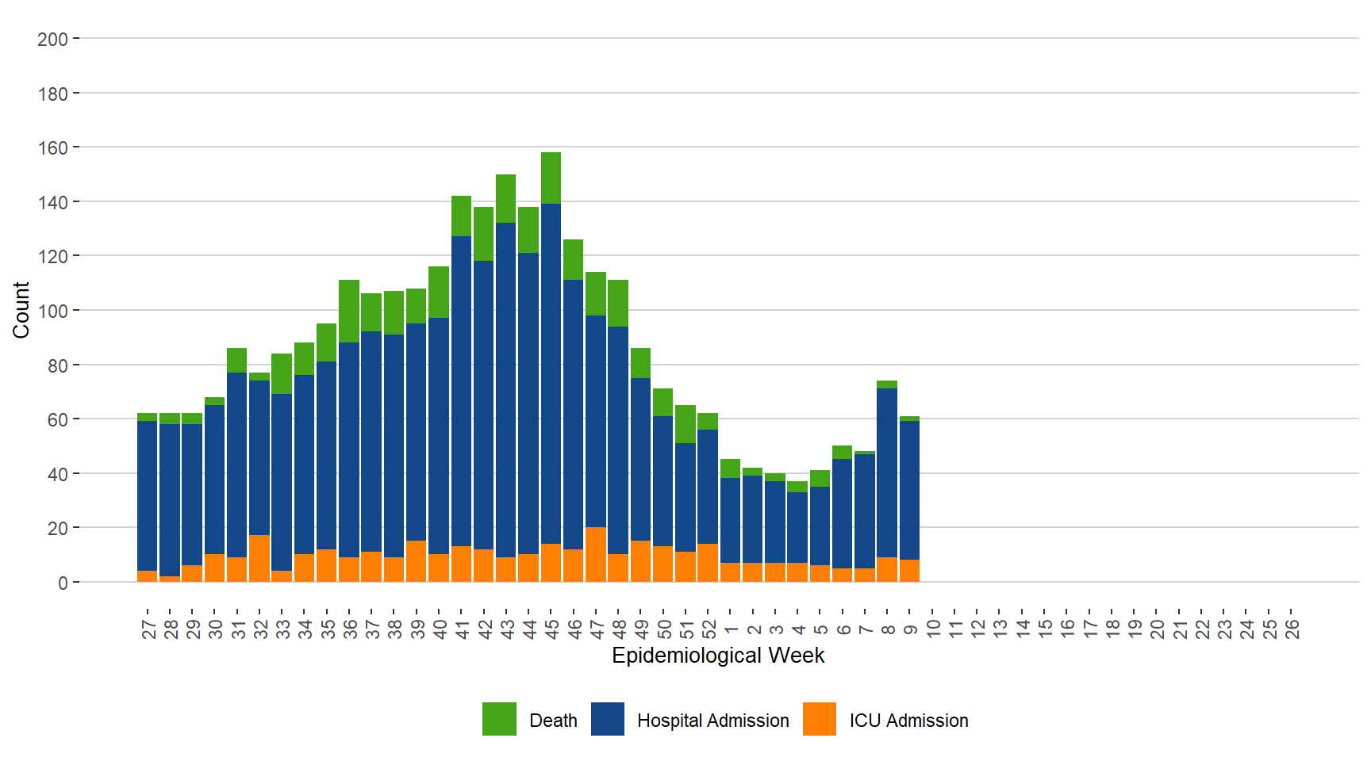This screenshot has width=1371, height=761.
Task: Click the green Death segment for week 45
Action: pos(551,178)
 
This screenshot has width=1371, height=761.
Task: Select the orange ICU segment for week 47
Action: pos(596,554)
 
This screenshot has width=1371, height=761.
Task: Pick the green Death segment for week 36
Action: pos(349,311)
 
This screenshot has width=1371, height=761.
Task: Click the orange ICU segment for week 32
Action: pos(259,558)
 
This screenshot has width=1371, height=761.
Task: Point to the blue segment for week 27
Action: pos(147,495)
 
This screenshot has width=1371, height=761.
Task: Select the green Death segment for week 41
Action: pos(461,216)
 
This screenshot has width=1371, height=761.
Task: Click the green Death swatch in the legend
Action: pos(499,719)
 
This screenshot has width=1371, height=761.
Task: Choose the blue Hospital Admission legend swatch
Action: pos(608,719)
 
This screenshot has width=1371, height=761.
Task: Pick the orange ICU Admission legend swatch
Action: pos(820,719)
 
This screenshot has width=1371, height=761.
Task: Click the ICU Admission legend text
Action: pos(908,721)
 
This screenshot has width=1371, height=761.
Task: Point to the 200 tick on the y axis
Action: pos(52,39)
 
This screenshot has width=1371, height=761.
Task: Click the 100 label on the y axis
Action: pos(52,311)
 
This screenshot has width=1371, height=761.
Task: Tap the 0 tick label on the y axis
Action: pos(63,583)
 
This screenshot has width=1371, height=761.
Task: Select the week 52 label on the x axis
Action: pos(709,629)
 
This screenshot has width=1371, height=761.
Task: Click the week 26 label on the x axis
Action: pos(1292,629)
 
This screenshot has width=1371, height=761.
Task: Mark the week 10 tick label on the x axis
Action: pos(933,629)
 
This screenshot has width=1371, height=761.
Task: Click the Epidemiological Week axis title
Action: pos(718,656)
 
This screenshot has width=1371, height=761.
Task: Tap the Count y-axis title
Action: pos(21,310)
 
